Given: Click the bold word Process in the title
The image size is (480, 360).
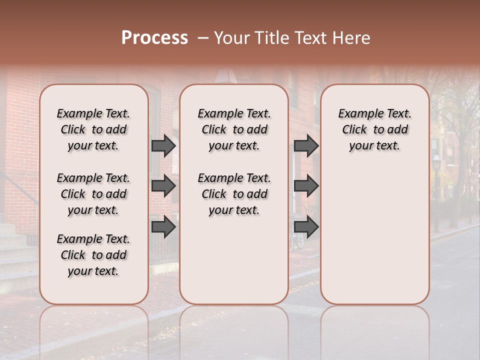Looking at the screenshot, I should [154, 38].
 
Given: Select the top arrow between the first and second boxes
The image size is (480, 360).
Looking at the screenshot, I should [163, 146].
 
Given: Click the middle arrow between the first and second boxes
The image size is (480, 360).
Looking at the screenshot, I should [163, 186].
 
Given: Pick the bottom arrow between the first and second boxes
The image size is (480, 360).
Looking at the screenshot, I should [163, 227].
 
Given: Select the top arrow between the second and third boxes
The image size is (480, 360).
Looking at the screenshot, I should [306, 146].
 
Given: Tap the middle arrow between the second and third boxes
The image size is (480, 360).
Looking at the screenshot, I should [306, 186].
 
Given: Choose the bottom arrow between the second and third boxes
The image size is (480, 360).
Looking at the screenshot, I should [306, 227].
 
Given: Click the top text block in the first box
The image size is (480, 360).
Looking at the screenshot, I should [93, 129].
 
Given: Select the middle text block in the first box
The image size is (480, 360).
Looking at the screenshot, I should [93, 194].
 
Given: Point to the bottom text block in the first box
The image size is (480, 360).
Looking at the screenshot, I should [93, 255].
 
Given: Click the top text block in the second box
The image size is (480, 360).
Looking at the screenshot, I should [234, 129].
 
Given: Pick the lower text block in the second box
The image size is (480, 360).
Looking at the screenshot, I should [234, 194].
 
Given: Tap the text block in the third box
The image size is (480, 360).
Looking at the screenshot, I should [374, 129].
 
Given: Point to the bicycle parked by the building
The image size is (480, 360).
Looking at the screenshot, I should [296, 239].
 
